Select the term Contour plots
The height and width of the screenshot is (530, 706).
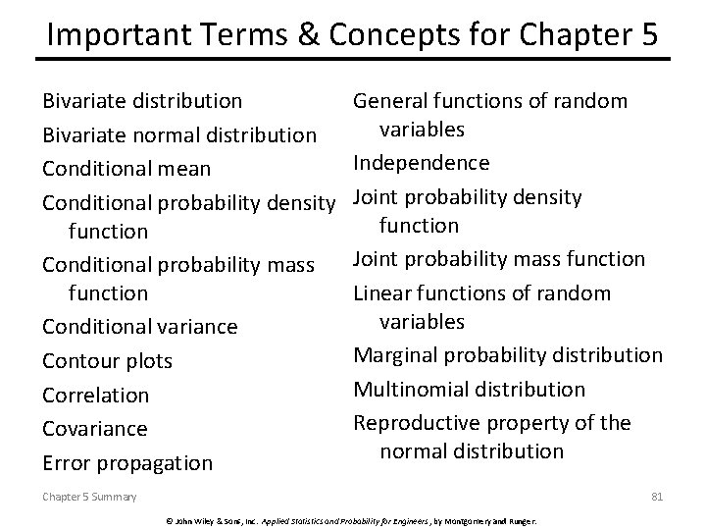(x=107, y=361)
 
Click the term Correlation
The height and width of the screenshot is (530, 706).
(x=95, y=395)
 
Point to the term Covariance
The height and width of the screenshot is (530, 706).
(x=94, y=429)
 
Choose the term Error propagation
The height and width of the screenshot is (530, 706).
(x=126, y=462)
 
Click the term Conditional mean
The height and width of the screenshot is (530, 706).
(x=126, y=168)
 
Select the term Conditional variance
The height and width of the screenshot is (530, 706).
(x=138, y=326)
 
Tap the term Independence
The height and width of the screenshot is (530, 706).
(x=421, y=162)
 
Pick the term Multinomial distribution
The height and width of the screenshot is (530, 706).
(x=469, y=389)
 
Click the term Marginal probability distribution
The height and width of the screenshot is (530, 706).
(x=507, y=354)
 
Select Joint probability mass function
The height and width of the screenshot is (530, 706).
(x=498, y=259)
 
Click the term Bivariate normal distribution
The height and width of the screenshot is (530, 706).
(x=178, y=133)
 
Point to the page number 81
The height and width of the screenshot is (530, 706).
(x=657, y=497)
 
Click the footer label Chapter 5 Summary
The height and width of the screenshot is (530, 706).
(x=89, y=498)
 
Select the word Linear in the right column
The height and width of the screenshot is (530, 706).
(x=379, y=292)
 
